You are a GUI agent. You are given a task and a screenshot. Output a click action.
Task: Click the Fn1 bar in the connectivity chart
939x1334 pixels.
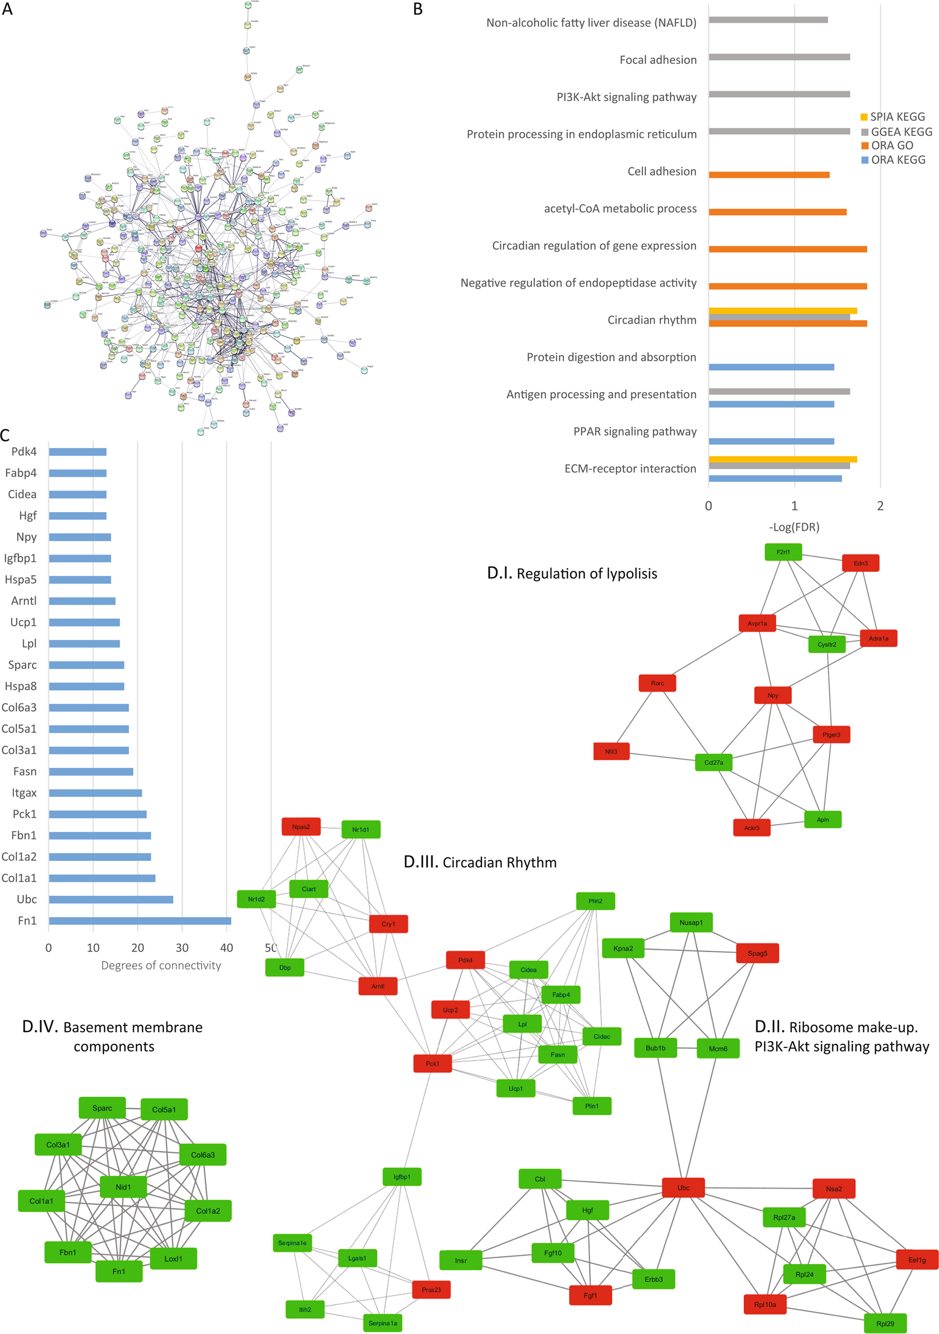coord(140,921)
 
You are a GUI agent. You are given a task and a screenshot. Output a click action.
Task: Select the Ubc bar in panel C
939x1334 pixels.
coord(110,899)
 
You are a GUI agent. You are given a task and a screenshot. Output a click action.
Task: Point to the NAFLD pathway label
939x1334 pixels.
coord(591,23)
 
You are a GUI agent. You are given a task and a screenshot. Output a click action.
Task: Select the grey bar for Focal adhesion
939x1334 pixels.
coord(779,57)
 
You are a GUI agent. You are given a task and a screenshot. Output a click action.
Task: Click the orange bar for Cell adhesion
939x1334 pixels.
coord(769,175)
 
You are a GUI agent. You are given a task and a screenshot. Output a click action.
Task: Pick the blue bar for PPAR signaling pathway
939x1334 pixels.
coord(771,441)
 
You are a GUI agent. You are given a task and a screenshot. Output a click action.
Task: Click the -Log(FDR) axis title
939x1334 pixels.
coord(794,527)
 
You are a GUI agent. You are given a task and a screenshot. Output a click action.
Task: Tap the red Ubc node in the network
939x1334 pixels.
coord(683,1188)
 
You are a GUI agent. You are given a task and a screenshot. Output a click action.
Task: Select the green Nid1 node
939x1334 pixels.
coord(123,1187)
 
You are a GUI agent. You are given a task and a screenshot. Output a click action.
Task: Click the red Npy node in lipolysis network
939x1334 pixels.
coord(772,695)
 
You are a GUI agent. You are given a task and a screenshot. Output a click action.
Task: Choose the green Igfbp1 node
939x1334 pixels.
coord(402,1176)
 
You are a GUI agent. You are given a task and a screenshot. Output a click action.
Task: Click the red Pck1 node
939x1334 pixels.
coord(432,1064)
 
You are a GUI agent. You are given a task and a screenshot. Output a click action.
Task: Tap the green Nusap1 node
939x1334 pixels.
coord(691,922)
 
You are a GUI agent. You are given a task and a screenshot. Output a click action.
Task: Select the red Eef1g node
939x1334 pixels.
coord(916,1260)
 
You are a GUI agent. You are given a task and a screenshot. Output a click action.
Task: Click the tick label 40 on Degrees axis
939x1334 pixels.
coord(226,947)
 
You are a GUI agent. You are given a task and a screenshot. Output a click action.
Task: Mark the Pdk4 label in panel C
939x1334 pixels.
coord(24,452)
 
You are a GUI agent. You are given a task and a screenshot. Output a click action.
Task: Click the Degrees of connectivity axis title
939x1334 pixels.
coord(161,965)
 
